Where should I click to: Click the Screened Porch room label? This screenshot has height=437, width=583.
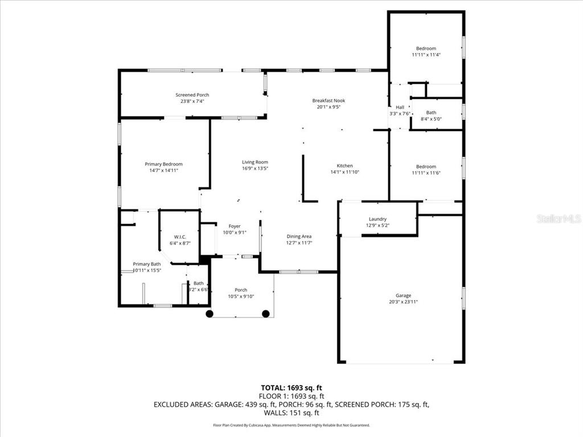tap(192, 95)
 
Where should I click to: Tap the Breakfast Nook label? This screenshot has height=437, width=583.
tap(329, 101)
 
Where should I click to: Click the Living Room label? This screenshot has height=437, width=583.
tap(254, 162)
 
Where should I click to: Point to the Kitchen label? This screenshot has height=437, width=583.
tap(344, 166)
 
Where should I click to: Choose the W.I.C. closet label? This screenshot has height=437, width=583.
tap(180, 237)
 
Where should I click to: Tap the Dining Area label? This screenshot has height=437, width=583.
tap(299, 236)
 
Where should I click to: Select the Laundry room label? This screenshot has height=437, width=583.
tap(377, 219)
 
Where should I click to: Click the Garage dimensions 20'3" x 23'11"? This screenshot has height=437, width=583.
tap(403, 302)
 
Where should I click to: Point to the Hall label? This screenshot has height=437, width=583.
tap(400, 107)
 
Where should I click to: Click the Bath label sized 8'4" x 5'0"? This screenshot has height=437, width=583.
tap(431, 113)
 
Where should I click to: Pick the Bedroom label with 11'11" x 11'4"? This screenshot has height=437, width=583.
tap(426, 49)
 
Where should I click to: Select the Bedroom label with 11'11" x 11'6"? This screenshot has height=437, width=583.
tap(426, 167)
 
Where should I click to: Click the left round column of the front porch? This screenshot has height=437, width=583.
tap(210, 314)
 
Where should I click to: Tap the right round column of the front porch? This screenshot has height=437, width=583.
tap(266, 314)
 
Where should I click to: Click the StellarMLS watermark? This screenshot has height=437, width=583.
tap(559, 218)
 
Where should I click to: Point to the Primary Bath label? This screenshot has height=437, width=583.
tap(147, 264)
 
